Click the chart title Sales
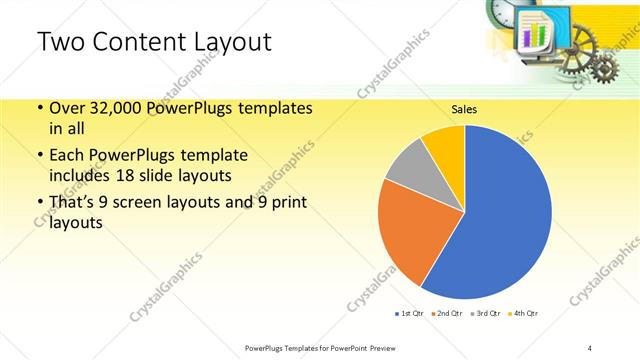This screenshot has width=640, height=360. point(464,109)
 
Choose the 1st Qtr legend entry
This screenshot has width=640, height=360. point(411,313)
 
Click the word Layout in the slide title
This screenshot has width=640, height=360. point(222,42)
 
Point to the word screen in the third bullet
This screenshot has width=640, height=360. point(159,204)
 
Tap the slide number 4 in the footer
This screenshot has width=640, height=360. point(590,347)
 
